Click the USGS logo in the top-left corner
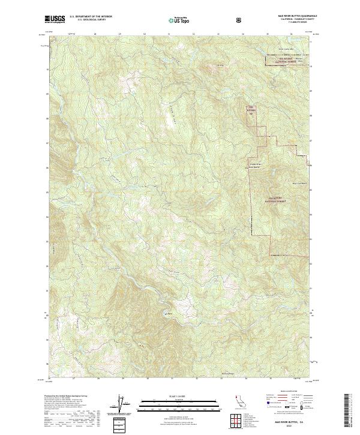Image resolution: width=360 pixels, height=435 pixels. click(55, 20)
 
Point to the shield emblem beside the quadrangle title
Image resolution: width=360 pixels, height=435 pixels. click(240, 20)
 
